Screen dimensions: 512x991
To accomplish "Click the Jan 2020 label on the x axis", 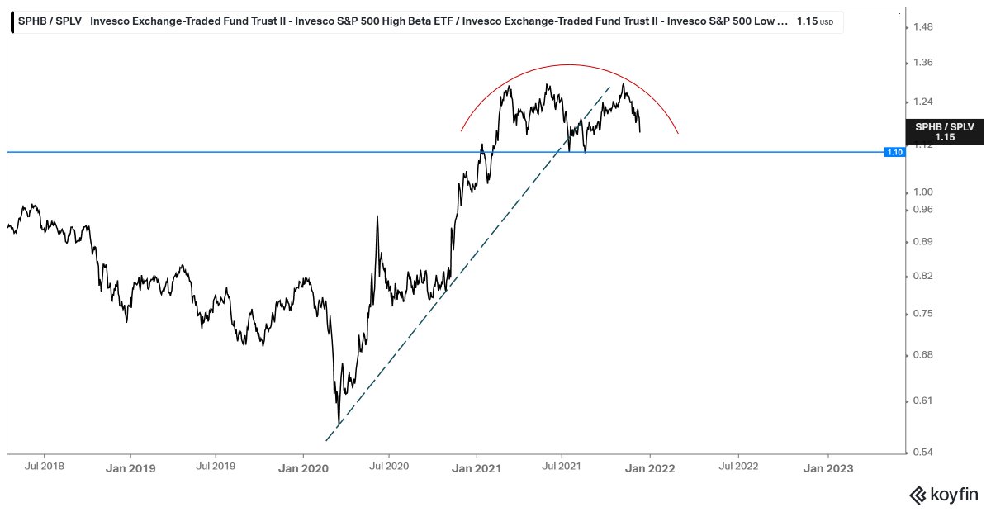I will pos(301,467).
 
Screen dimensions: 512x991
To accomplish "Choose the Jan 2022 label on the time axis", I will pos(650,467).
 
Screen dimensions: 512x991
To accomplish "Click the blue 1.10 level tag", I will pos(894,152).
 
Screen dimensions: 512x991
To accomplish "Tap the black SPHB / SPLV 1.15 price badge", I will pos(945,132).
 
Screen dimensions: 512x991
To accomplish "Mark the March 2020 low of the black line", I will pos(338,424).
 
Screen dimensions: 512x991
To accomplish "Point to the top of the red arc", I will pos(569,64).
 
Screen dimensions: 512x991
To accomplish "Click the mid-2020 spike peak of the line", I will pos(377,216).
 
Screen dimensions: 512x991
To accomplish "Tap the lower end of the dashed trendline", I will pos(338,428).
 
